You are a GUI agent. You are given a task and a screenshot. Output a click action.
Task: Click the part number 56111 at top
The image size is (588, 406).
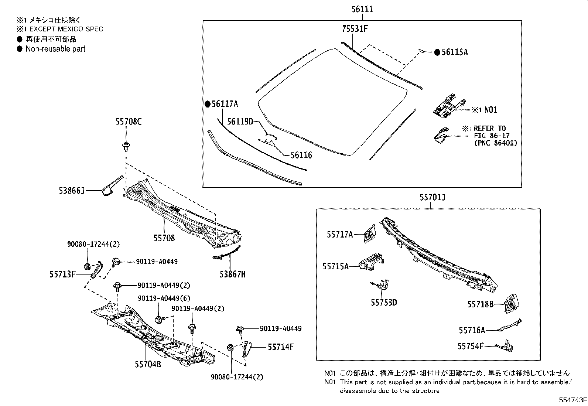pyautogui.click(x=362, y=10)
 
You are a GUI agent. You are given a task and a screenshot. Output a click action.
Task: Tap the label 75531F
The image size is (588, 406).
pyautogui.click(x=355, y=28)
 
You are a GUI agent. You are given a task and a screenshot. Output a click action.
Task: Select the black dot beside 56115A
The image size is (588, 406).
pyautogui.click(x=437, y=52)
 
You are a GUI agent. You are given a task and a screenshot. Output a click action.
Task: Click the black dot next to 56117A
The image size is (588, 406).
pyautogui.click(x=208, y=104)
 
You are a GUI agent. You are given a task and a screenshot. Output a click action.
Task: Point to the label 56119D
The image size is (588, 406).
pyautogui.click(x=240, y=121)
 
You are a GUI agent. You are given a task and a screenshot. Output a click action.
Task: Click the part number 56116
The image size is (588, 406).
pyautogui.click(x=301, y=155)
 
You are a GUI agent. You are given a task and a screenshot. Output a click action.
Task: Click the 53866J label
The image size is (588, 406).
pyautogui.click(x=72, y=191)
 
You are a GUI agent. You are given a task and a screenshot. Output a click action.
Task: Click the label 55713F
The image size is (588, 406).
pyautogui.click(x=63, y=274)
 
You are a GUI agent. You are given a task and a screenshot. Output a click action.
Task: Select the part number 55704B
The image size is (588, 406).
pyautogui.click(x=148, y=364)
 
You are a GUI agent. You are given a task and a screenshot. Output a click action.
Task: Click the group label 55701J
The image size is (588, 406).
pyautogui.click(x=432, y=198)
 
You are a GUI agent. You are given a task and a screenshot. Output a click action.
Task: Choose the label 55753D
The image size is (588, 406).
pyautogui.click(x=384, y=303)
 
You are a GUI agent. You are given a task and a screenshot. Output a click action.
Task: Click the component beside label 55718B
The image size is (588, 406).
pyautogui.click(x=512, y=303)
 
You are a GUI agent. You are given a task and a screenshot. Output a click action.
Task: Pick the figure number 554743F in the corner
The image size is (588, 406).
pyautogui.click(x=572, y=400)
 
